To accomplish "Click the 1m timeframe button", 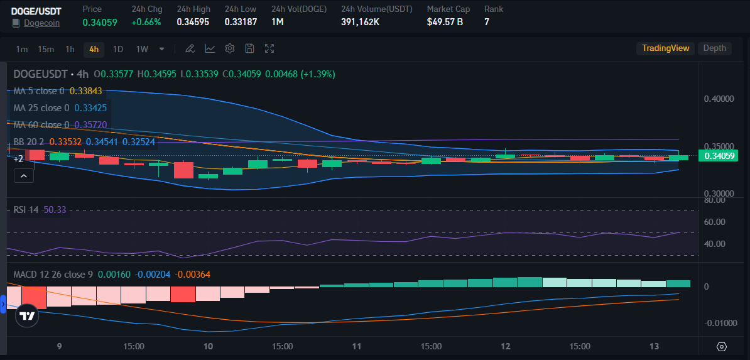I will click(22, 49).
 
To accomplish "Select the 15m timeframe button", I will click(46, 49).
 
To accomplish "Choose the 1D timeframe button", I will click(117, 49).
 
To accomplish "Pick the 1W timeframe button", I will click(142, 49).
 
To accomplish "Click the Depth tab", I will click(714, 48).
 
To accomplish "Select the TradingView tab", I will click(665, 48).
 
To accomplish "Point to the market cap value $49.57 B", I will click(445, 22).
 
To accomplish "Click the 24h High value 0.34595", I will click(193, 22).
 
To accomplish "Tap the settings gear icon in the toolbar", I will click(230, 49).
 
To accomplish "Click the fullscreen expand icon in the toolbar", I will click(269, 49).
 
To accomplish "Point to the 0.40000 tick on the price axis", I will click(719, 99).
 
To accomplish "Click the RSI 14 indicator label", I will click(26, 209).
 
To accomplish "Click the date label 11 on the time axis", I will click(357, 346).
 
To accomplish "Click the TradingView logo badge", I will click(27, 316).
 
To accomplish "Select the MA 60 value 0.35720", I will click(87, 125).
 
